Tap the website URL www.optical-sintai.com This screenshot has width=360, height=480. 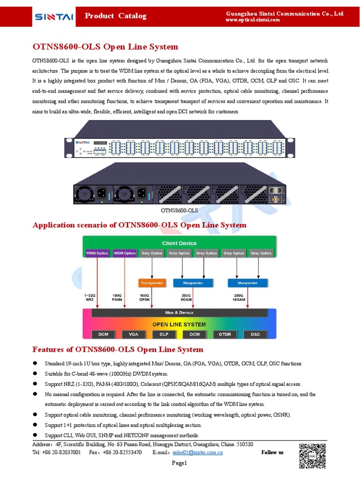tap(253, 20)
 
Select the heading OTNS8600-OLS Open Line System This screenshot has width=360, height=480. tap(105, 47)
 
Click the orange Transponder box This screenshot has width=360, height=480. tap(151, 283)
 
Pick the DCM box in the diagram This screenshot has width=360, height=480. tap(103, 334)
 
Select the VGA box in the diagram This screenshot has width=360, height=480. tap(134, 334)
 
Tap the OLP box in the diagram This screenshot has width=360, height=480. tap(164, 334)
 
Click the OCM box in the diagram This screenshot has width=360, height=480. tap(195, 334)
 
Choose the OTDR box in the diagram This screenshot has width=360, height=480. tap(225, 334)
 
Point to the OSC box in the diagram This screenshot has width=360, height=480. tap(255, 334)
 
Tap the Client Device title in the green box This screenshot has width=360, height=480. tap(179, 243)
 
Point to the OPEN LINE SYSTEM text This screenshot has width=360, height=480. tap(179, 324)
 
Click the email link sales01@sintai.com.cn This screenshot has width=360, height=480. tap(197, 453)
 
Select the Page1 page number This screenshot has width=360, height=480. tap(179, 464)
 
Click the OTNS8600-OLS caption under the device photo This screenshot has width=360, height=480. tap(179, 211)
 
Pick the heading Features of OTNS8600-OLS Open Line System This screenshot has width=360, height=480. tap(118, 350)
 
